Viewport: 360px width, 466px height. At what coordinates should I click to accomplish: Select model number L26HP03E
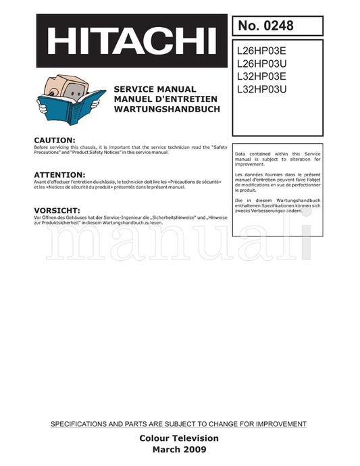[262, 50]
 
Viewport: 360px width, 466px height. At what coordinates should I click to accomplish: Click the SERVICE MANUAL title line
[155, 89]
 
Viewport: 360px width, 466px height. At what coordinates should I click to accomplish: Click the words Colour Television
[179, 438]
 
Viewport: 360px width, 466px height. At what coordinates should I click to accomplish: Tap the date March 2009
[179, 450]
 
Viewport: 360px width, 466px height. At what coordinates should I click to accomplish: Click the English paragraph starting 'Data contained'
[278, 159]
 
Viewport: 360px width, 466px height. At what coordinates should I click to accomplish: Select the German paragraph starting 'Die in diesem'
[278, 206]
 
